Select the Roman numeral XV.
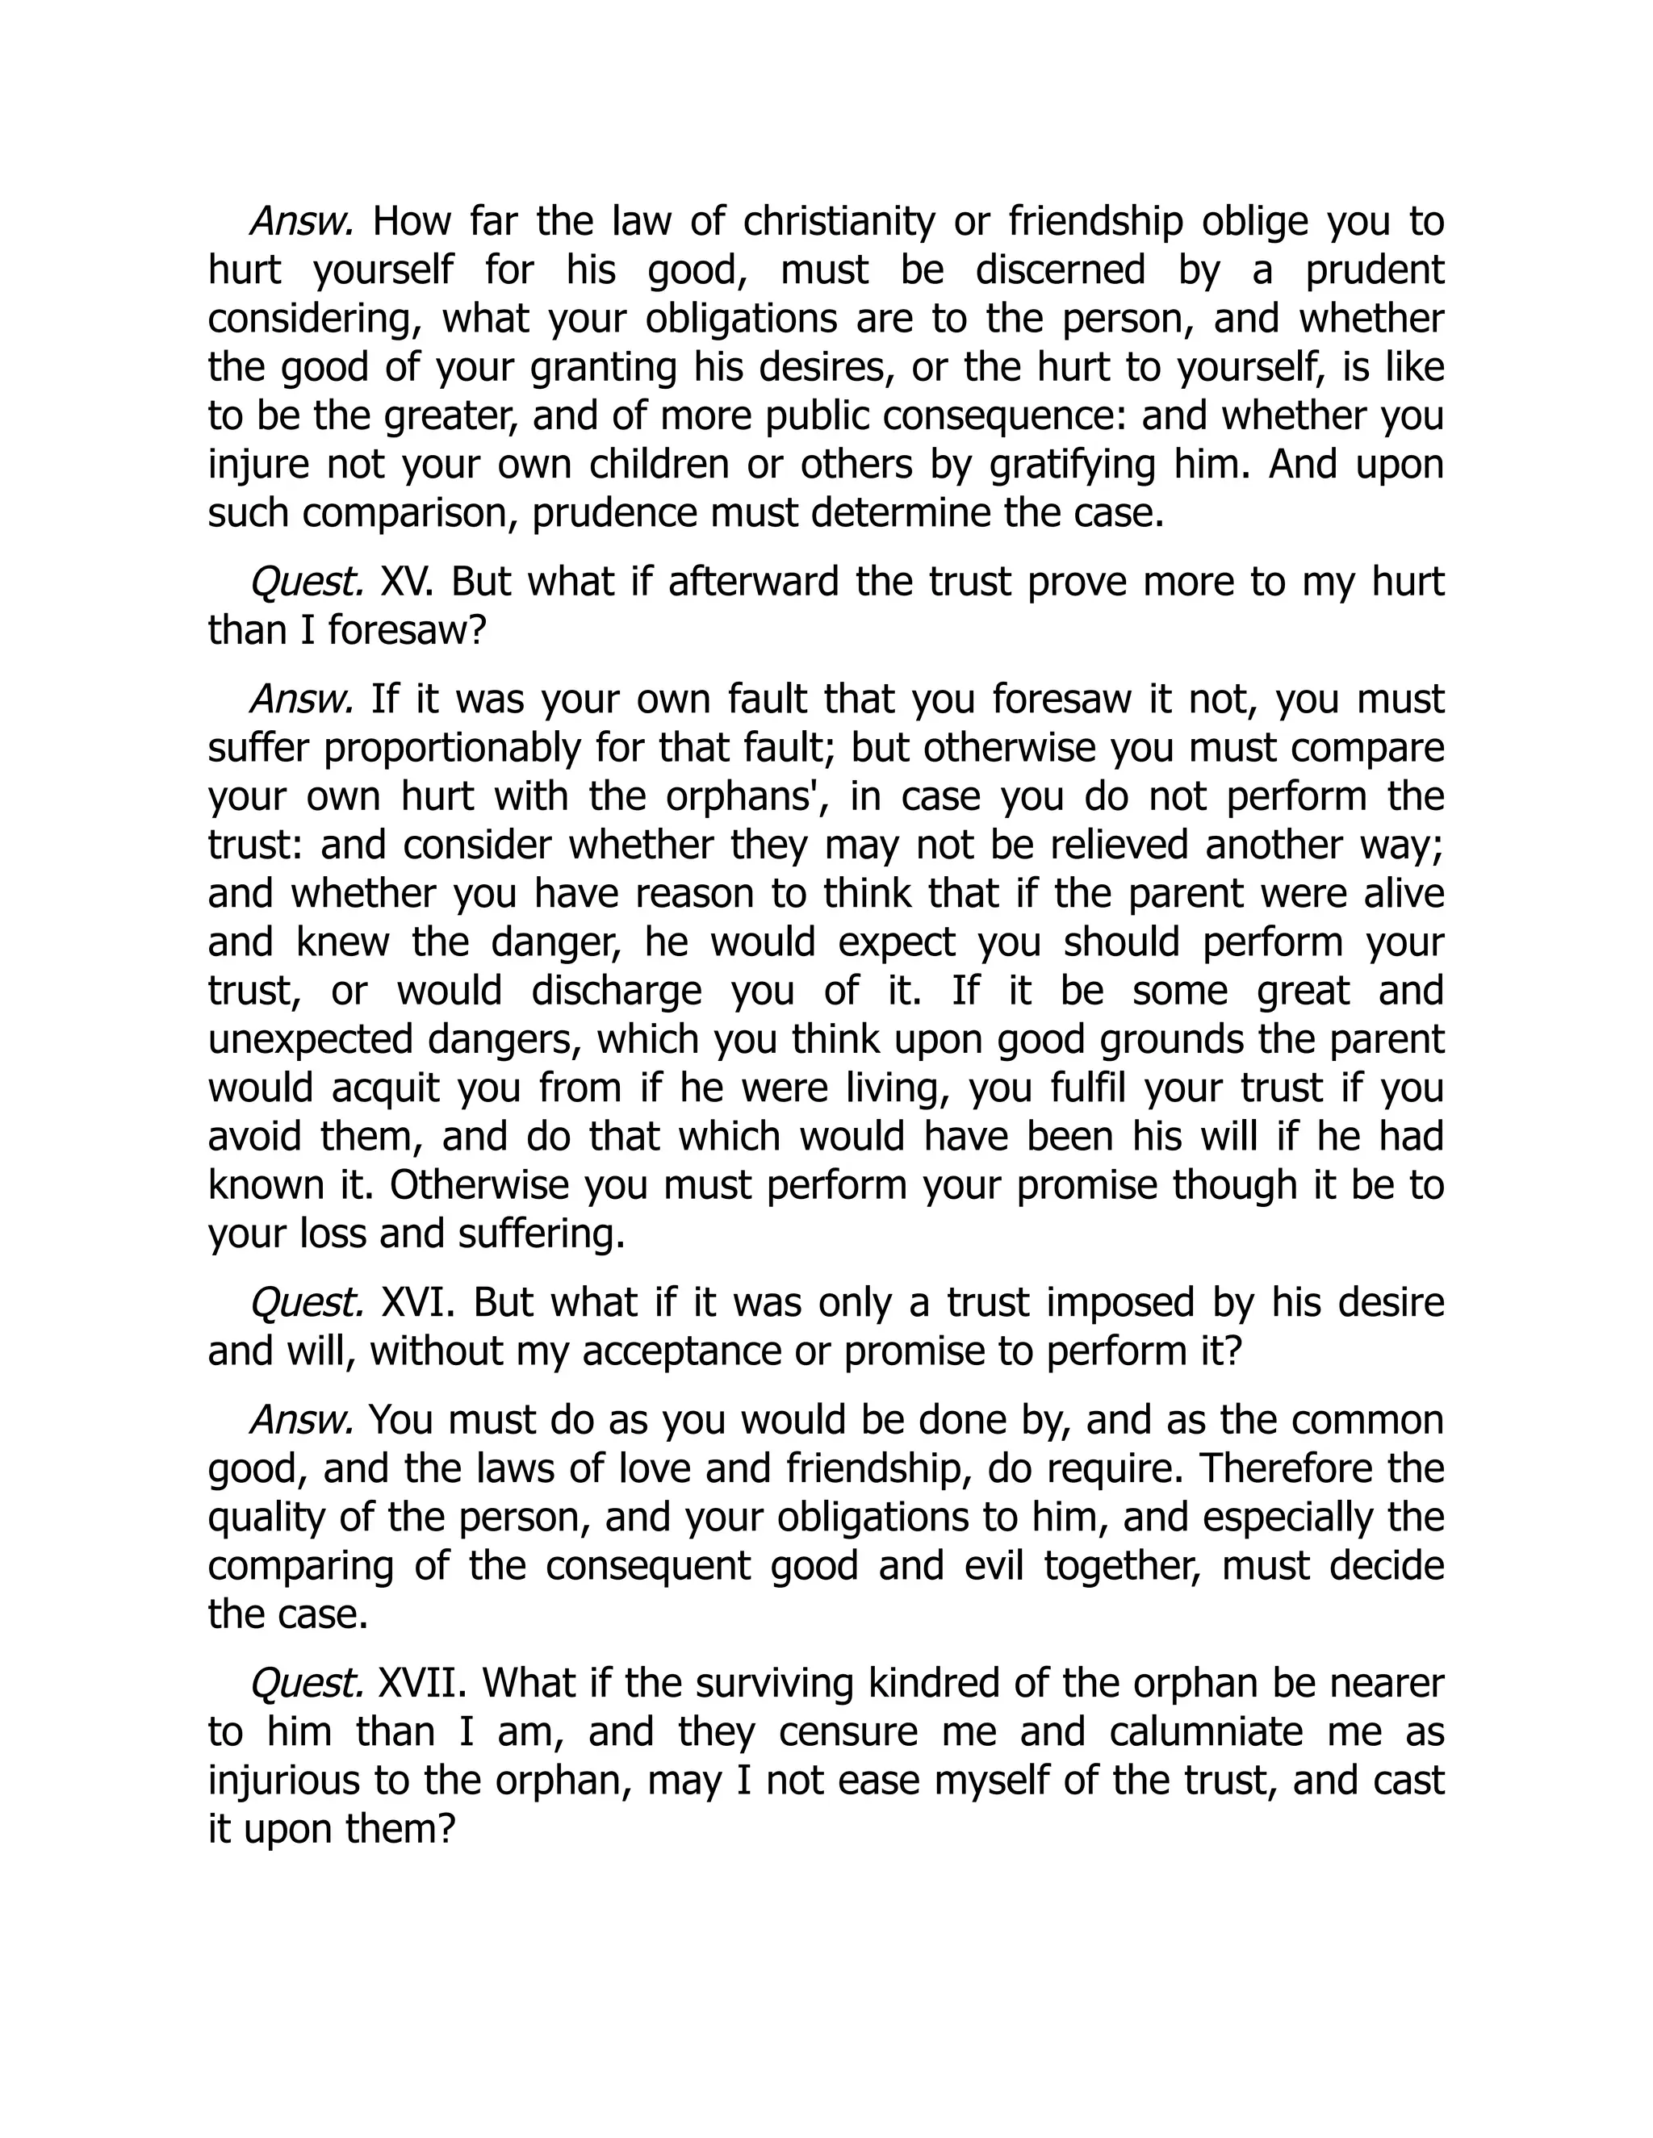click(400, 583)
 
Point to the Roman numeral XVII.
click(419, 1684)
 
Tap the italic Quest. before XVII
click(308, 1684)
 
